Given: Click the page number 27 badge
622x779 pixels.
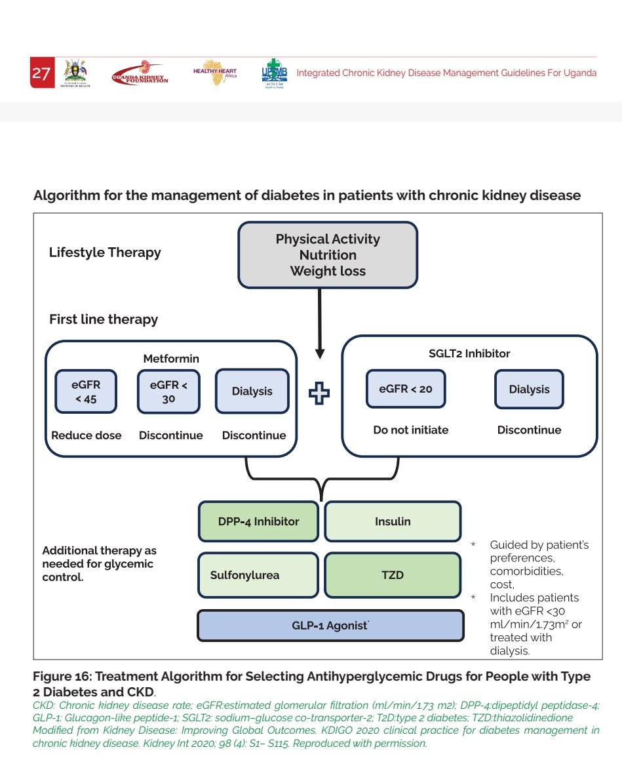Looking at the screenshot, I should click(41, 73).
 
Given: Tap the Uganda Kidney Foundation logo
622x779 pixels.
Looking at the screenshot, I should click(140, 73).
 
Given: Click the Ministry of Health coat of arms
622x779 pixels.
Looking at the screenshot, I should click(77, 72).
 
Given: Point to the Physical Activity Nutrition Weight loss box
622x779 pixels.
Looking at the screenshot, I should click(327, 255).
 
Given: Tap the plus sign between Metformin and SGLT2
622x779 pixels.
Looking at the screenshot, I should click(319, 393).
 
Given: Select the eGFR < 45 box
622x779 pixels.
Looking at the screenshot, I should click(86, 392).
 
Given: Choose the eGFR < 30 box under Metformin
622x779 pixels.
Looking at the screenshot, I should click(168, 392).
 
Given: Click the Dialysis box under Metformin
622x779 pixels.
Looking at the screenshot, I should click(252, 391).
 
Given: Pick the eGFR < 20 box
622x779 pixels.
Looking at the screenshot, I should click(406, 389).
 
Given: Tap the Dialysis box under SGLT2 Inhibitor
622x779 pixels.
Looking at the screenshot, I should click(529, 389).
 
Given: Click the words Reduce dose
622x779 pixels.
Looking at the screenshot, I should click(87, 435).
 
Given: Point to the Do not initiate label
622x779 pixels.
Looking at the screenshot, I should click(411, 430).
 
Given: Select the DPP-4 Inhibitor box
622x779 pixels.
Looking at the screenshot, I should click(258, 522).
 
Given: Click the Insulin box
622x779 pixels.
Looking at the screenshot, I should click(393, 522).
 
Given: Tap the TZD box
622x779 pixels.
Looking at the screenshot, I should click(393, 575).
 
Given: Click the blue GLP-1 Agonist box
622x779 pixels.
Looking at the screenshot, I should click(330, 626).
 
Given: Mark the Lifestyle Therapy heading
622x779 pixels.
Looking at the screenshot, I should click(105, 252).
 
